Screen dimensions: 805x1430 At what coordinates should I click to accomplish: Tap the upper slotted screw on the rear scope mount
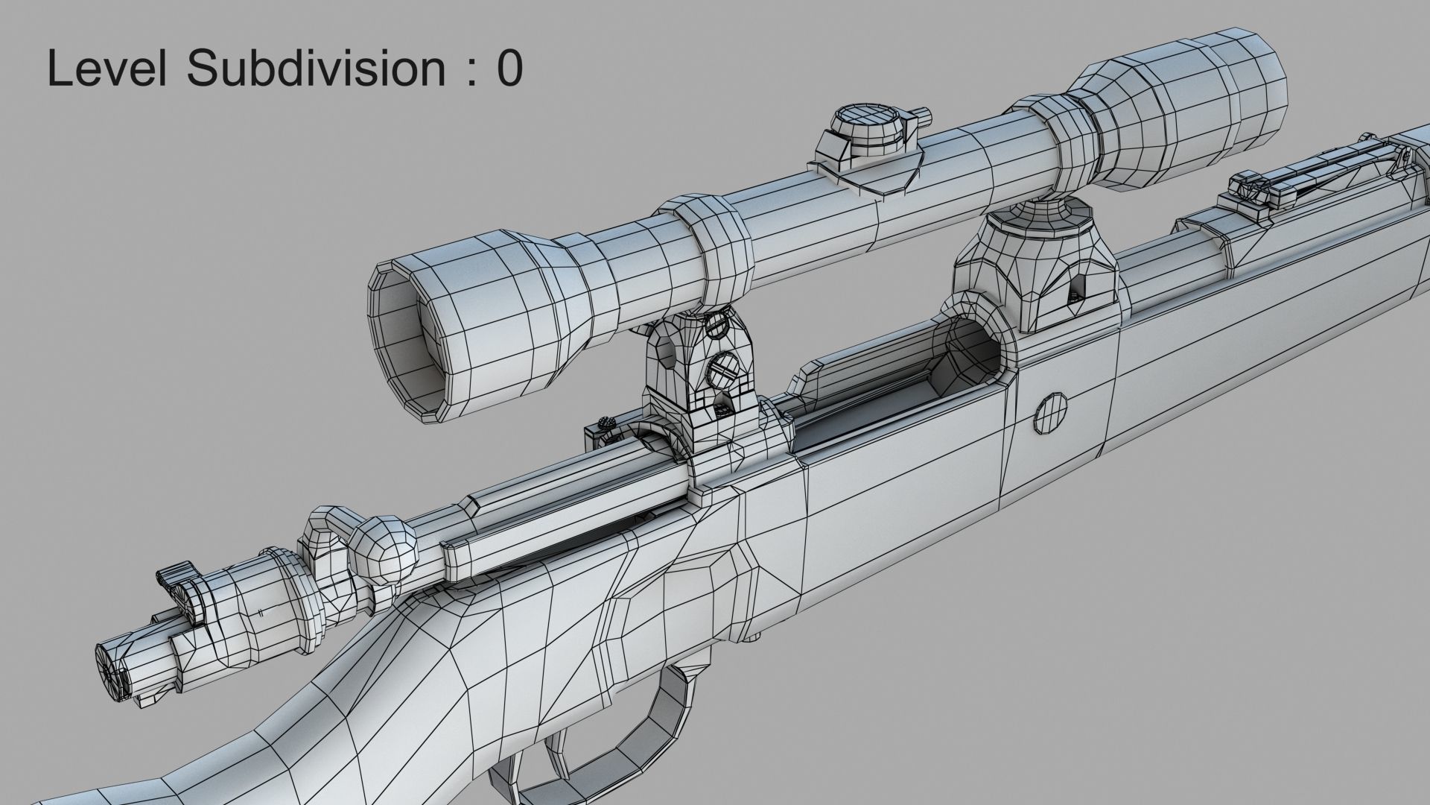pyautogui.click(x=716, y=323)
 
